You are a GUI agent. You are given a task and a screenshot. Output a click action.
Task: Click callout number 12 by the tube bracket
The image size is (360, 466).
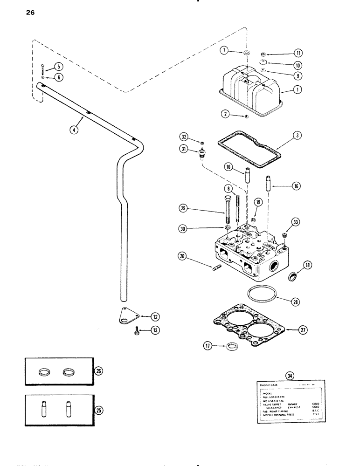tap(155, 317)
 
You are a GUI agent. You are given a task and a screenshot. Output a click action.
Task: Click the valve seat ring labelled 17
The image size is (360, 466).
tap(230, 346)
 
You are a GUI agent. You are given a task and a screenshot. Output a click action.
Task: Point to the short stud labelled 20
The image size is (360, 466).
tap(217, 267)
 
